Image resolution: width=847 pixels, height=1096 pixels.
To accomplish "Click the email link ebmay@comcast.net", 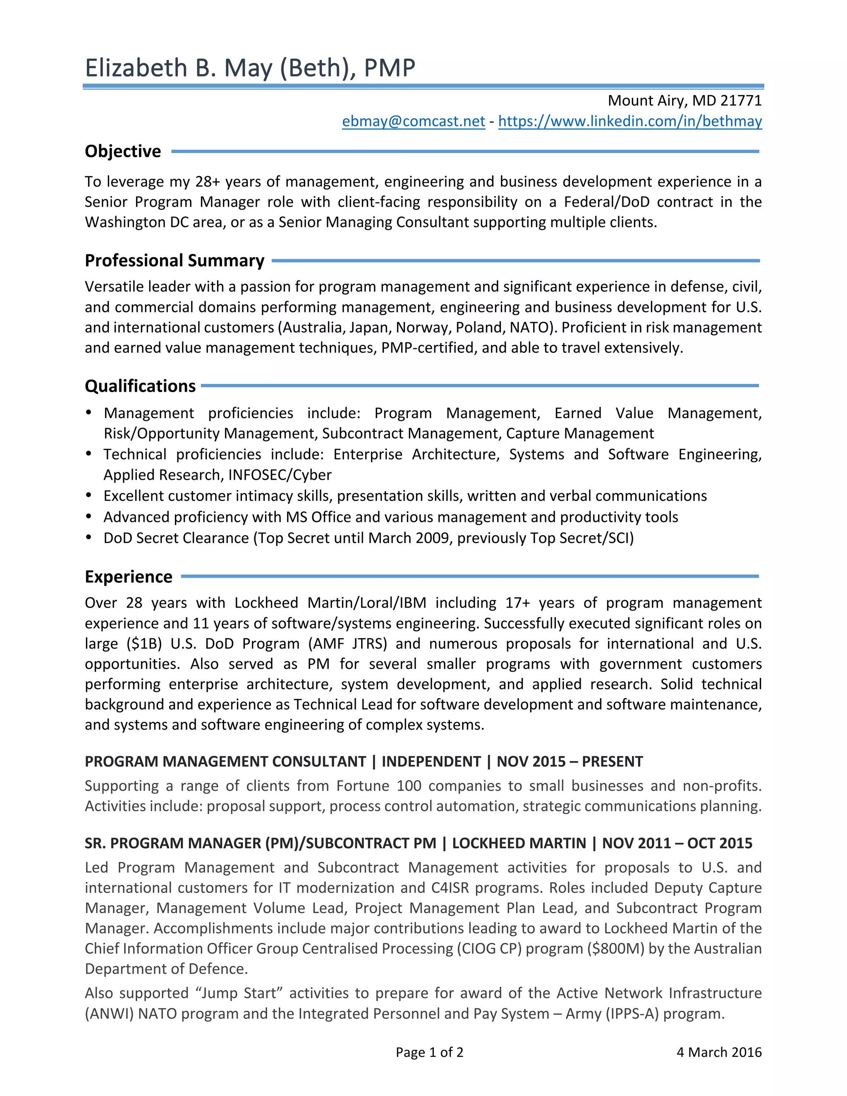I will (413, 122).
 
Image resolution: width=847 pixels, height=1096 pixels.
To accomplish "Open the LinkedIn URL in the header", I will (630, 122).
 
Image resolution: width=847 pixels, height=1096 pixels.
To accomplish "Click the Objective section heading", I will (123, 151).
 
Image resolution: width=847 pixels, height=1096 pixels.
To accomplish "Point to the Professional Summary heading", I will (174, 261).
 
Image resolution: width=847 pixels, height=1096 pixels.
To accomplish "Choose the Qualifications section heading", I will (140, 386).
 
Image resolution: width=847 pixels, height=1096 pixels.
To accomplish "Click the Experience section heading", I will (129, 577).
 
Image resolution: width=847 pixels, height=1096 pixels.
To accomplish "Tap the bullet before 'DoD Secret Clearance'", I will (89, 538).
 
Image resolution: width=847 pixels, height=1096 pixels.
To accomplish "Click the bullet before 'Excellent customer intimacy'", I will (89, 495).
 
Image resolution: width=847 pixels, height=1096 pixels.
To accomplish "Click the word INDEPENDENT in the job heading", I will (431, 761).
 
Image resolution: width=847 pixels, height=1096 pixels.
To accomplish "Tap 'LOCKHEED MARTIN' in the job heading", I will (519, 843).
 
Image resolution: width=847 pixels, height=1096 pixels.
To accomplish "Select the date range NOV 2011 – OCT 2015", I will (677, 843).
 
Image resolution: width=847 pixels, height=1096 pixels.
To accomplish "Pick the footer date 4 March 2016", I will (718, 1052).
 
